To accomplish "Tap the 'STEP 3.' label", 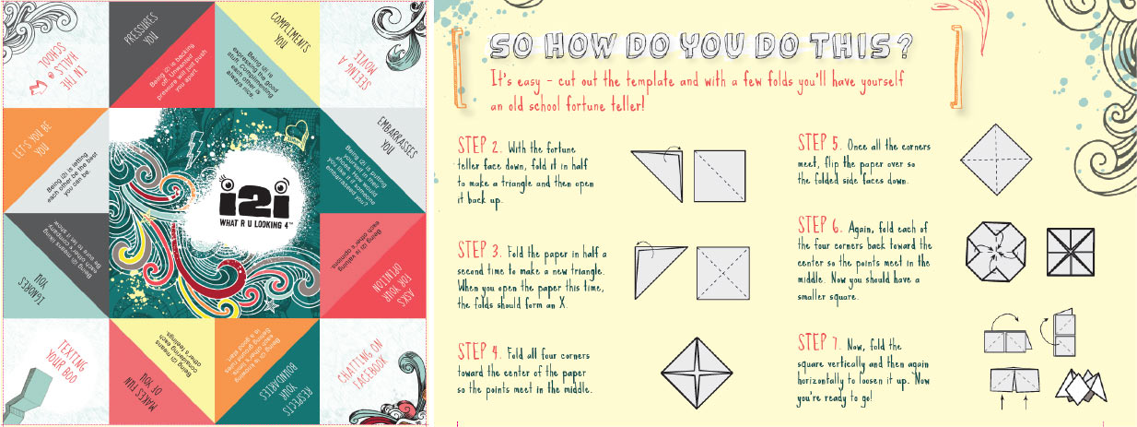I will coord(480,251).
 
